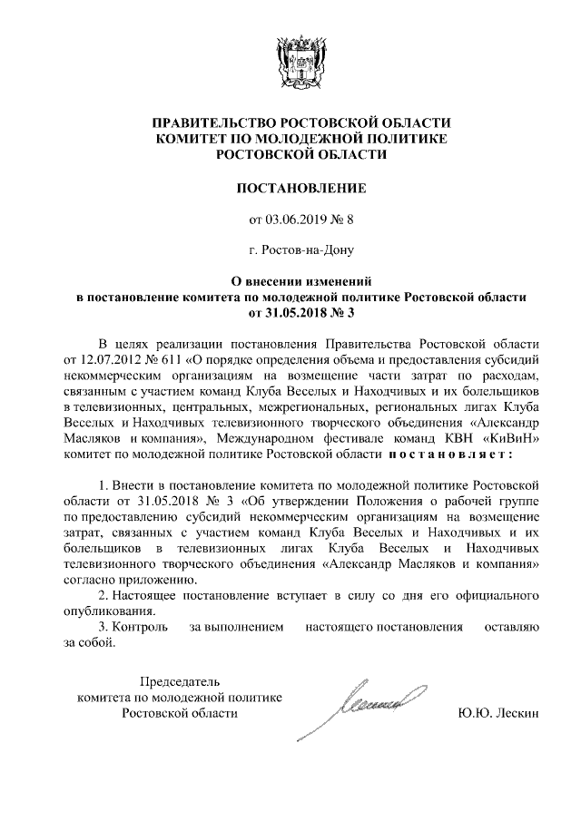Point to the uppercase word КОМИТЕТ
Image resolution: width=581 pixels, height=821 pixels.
coord(198,140)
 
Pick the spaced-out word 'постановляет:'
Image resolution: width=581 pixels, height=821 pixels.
coord(451,453)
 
